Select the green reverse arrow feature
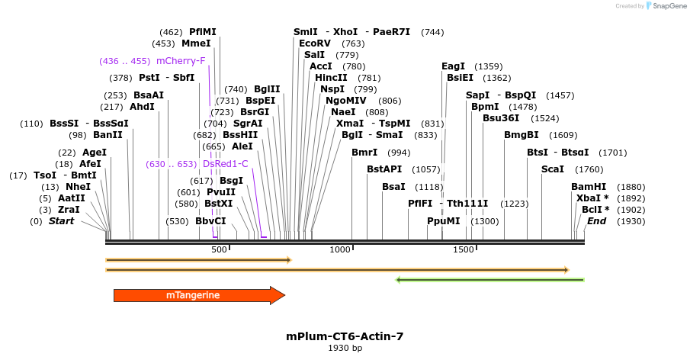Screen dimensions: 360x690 point(490,280)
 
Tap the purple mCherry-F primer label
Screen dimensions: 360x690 point(181,61)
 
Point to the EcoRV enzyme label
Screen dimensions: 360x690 point(315,43)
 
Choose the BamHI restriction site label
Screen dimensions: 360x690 point(589,187)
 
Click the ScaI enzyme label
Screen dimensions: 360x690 point(553,169)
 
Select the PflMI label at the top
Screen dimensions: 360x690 point(203,32)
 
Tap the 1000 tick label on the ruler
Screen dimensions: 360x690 point(339,250)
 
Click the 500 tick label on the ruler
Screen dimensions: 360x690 point(219,250)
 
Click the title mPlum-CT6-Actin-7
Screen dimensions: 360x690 point(345,336)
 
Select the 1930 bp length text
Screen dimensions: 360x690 point(345,348)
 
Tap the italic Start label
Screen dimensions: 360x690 point(63,221)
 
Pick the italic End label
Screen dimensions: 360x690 point(596,221)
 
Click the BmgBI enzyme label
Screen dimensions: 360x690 point(522,135)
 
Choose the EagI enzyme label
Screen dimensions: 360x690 point(453,66)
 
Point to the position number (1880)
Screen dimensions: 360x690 point(631,187)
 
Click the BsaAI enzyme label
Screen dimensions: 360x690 point(149,95)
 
